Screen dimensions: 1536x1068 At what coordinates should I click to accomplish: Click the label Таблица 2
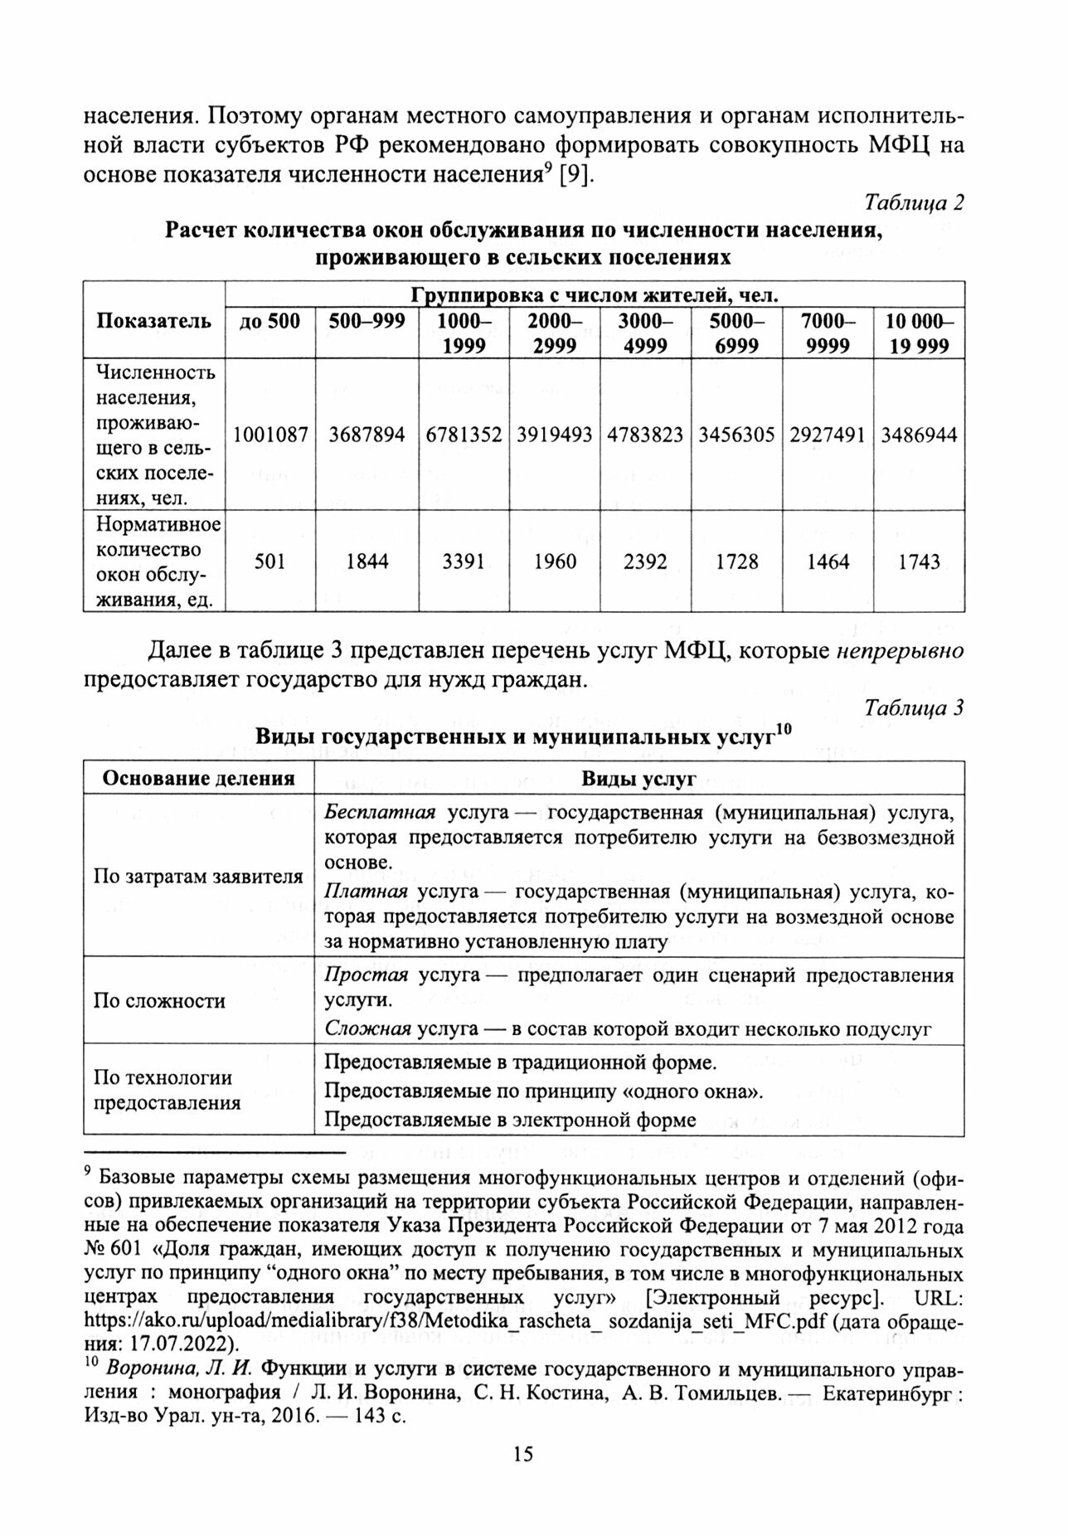tap(914, 202)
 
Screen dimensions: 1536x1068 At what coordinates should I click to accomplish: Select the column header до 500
tap(270, 322)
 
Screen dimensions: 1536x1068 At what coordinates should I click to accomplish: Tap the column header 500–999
tap(367, 322)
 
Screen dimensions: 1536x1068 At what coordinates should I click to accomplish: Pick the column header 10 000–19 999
tap(920, 333)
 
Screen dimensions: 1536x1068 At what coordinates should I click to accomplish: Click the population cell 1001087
tap(270, 435)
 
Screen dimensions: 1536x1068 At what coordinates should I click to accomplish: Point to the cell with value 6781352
tap(464, 435)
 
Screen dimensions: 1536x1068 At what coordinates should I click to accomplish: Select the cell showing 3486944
tap(920, 435)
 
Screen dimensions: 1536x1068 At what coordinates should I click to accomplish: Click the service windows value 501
tap(270, 561)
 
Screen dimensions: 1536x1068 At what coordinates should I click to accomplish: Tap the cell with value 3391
tap(464, 561)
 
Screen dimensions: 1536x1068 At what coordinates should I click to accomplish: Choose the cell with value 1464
tap(828, 561)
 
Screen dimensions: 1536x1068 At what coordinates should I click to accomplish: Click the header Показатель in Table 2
tap(154, 322)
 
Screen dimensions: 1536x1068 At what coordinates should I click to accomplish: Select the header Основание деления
tap(198, 778)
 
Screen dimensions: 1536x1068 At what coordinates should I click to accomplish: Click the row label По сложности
tap(159, 1001)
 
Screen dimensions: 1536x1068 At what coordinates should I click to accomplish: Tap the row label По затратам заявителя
tap(198, 877)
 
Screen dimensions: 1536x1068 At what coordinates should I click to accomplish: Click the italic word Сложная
tap(367, 1029)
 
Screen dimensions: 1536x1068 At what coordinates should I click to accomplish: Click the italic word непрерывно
tap(899, 651)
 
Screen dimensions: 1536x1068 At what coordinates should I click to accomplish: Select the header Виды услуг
tap(638, 778)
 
